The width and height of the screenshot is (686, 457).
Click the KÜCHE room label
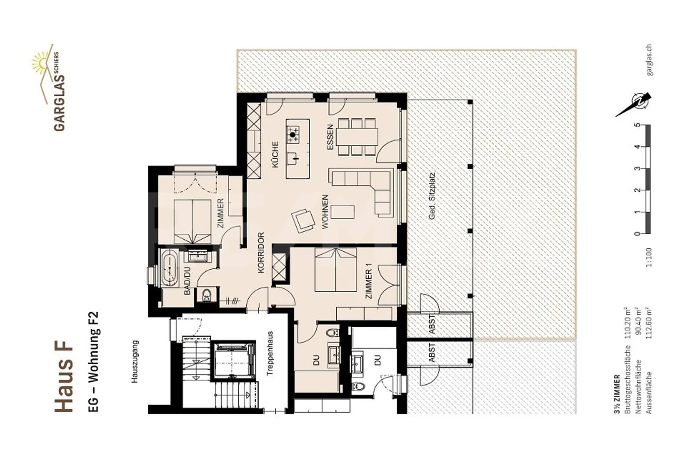tap(275, 154)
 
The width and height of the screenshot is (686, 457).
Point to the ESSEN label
tap(330, 138)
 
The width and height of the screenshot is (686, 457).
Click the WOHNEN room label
tap(325, 212)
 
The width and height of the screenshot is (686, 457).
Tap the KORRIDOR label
tap(261, 253)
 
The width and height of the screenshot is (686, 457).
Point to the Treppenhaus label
tap(270, 354)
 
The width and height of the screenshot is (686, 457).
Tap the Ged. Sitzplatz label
tap(432, 196)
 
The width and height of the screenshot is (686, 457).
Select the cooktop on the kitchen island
tap(293, 135)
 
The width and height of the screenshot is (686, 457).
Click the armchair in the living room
tap(303, 220)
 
